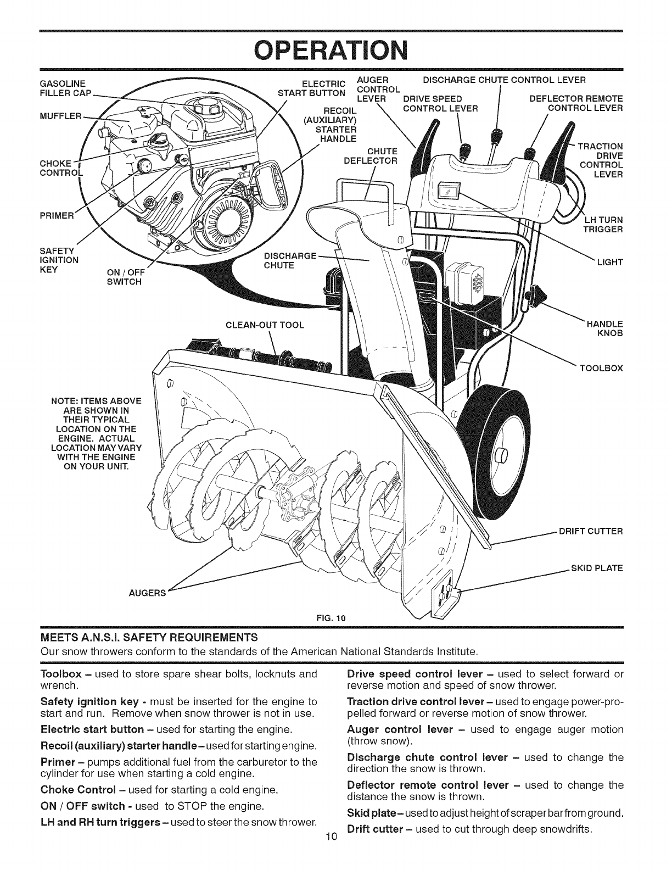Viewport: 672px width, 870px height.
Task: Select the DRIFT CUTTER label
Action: point(591,531)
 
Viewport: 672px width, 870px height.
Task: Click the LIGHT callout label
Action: point(610,262)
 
